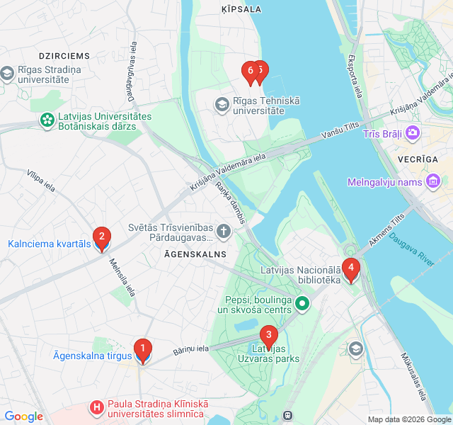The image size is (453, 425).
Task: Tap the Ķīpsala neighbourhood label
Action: (x=241, y=9)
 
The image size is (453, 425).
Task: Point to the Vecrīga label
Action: (x=418, y=159)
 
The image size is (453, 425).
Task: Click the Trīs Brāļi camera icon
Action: (x=413, y=133)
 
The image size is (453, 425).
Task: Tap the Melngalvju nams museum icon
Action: (x=433, y=182)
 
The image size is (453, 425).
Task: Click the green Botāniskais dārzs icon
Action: (x=47, y=121)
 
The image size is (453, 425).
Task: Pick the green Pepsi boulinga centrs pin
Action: (x=302, y=305)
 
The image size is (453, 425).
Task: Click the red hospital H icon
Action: (x=96, y=408)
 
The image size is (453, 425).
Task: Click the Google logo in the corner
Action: (x=23, y=416)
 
